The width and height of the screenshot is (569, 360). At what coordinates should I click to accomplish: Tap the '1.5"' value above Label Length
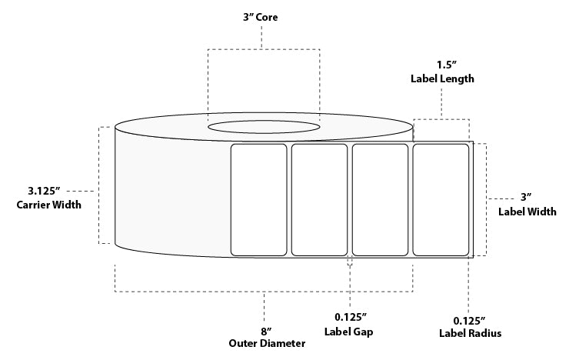(x=441, y=65)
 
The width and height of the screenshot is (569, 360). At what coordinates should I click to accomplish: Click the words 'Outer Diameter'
(x=267, y=344)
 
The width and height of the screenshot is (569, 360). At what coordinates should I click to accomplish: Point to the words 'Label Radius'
(x=471, y=334)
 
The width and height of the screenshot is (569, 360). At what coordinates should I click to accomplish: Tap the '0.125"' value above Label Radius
(x=471, y=320)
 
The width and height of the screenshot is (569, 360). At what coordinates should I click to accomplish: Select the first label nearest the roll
(x=259, y=199)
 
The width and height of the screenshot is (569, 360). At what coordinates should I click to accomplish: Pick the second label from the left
(x=319, y=199)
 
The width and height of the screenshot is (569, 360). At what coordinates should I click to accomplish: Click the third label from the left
(x=380, y=199)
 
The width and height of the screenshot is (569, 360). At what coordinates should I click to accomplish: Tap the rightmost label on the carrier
(x=441, y=199)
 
